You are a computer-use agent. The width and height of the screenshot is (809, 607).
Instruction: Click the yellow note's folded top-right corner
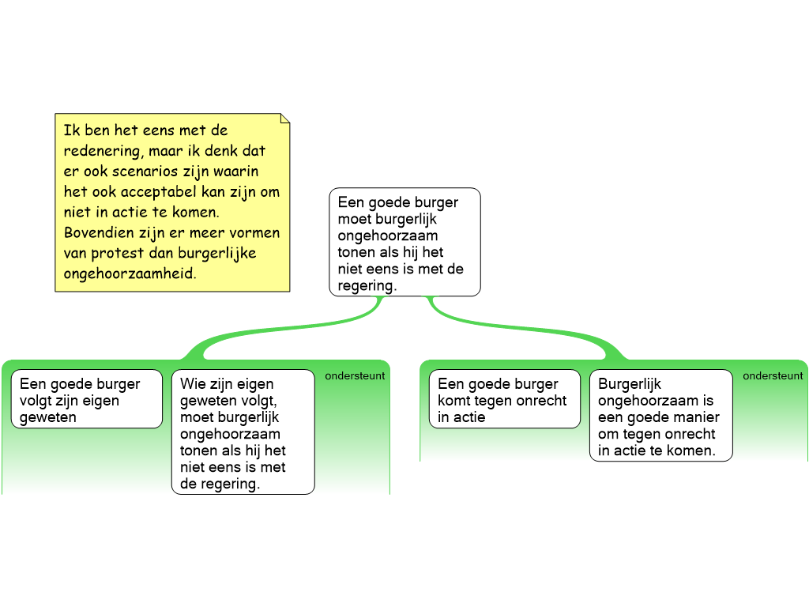(x=284, y=119)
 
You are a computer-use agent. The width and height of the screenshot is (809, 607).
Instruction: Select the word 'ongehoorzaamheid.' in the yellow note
(x=130, y=273)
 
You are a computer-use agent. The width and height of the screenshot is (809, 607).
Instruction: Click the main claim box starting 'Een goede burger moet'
(x=404, y=242)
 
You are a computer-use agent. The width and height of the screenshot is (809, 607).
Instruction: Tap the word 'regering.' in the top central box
(x=367, y=285)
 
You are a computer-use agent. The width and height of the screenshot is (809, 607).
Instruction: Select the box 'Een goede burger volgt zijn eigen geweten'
(x=86, y=400)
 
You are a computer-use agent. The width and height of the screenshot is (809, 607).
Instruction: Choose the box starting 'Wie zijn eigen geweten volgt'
(x=243, y=432)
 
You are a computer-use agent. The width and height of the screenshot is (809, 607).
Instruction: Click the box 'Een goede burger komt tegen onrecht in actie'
(x=504, y=400)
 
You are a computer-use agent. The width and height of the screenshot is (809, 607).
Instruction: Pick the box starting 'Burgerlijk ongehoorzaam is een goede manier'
(x=660, y=417)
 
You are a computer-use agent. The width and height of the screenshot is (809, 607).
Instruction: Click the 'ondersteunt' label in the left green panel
(x=355, y=376)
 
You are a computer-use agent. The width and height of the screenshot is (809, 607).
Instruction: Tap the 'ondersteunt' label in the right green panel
(x=773, y=376)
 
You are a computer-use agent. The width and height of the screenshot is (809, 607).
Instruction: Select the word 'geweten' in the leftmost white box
(x=48, y=417)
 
